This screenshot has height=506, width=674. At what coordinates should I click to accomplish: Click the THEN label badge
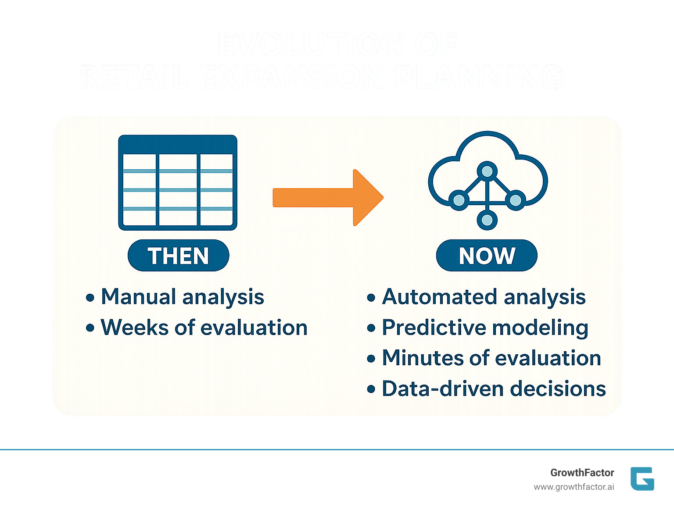178,256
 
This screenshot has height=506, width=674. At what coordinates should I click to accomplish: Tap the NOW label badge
486,256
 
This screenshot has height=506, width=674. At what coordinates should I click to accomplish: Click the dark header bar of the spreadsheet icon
178,144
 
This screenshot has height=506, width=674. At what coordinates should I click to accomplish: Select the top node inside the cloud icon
487,171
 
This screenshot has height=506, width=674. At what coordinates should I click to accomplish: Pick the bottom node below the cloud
487,220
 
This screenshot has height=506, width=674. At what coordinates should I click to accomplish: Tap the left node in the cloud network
459,200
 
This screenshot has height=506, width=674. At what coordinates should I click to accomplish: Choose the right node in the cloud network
515,200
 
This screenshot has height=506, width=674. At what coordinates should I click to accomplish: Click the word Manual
138,297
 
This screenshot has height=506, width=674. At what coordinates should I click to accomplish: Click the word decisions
558,389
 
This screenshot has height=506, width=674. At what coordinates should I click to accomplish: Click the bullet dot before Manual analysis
90,298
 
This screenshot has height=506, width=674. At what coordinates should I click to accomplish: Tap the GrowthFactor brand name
582,473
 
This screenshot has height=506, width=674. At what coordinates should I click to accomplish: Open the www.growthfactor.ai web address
574,487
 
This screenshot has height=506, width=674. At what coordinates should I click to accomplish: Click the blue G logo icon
642,479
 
